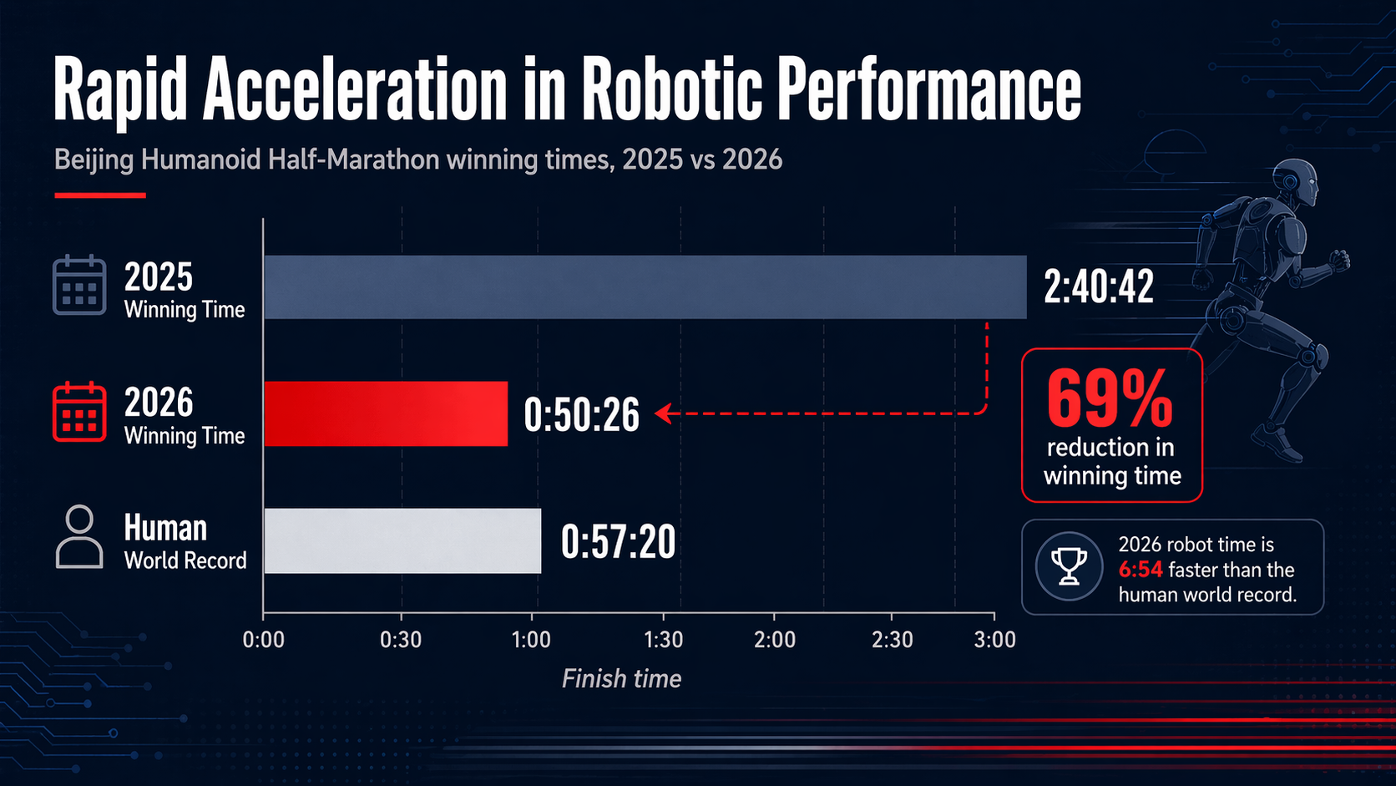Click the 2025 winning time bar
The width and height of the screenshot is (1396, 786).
[645, 287]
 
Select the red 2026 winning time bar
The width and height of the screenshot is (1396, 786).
[386, 413]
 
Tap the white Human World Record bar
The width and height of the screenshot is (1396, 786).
[402, 540]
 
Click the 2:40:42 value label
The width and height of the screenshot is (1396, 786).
[1098, 287]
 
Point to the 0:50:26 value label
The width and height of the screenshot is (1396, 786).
[581, 414]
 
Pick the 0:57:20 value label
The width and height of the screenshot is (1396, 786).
[618, 542]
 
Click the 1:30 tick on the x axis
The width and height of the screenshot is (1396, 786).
[664, 640]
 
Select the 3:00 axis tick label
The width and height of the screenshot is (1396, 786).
[994, 640]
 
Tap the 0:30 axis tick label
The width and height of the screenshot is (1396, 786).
[401, 640]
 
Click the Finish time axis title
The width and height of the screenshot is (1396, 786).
[621, 678]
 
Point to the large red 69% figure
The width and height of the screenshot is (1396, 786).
[1110, 398]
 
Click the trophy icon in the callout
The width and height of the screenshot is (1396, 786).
[1069, 566]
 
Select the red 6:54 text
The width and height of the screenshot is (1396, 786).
[1141, 570]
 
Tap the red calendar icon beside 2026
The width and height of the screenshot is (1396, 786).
[79, 412]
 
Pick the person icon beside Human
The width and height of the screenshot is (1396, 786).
[79, 537]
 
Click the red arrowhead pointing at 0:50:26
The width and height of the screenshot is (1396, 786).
[663, 413]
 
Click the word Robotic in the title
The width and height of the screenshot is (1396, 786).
[671, 89]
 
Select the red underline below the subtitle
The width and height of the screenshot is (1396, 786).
[100, 195]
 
